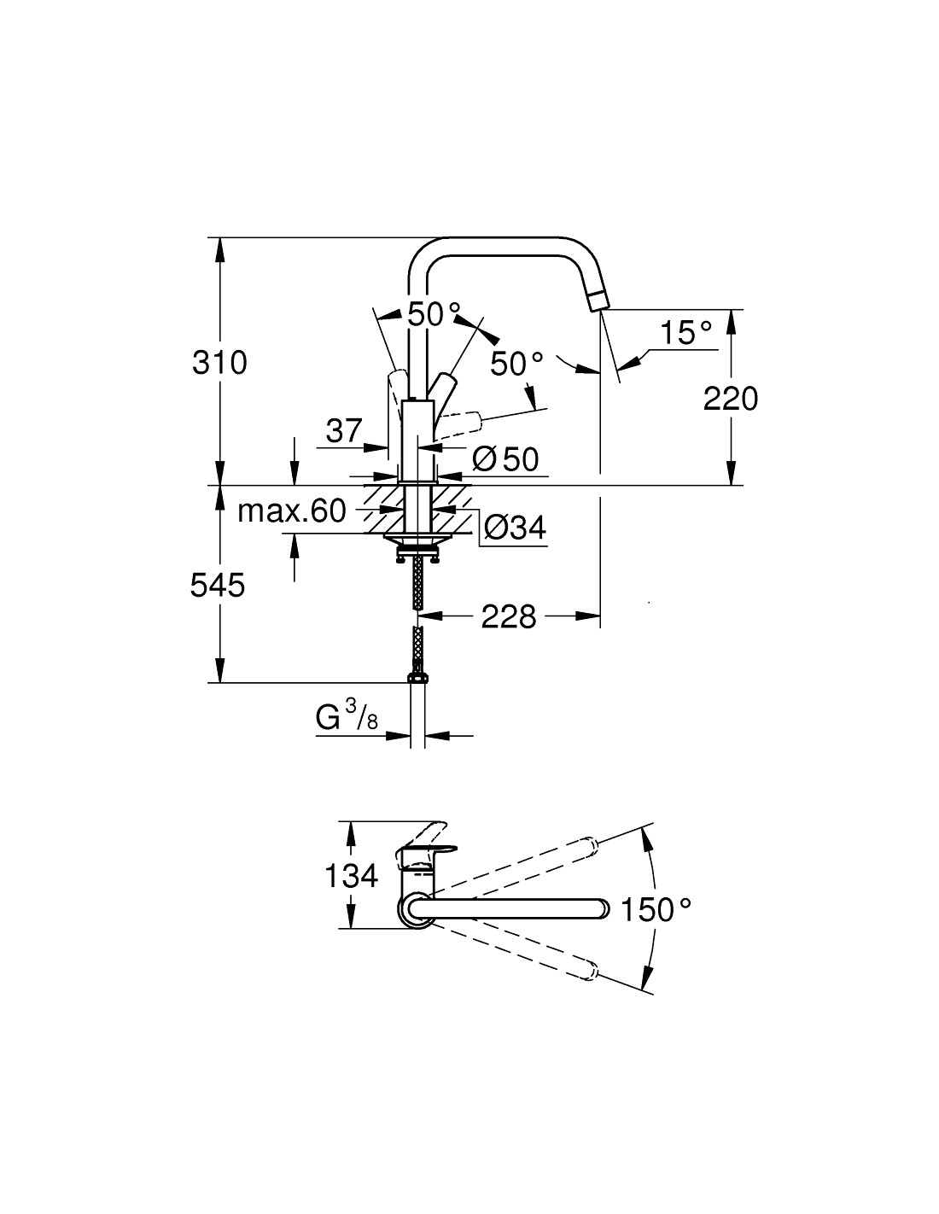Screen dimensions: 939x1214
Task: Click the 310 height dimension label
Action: (219, 363)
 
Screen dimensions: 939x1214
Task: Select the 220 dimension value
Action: (731, 399)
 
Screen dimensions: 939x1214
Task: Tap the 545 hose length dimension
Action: (218, 586)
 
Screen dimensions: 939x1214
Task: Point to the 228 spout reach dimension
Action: (508, 616)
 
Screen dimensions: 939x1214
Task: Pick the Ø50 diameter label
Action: (505, 459)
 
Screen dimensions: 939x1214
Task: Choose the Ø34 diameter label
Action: (515, 527)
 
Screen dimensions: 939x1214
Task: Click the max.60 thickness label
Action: (292, 511)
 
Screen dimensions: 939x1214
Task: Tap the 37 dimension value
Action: (345, 431)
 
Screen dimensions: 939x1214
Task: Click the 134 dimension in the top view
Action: (352, 875)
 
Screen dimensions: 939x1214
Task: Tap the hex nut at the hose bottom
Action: (417, 678)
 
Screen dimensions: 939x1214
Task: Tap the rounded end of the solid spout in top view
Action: (604, 909)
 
